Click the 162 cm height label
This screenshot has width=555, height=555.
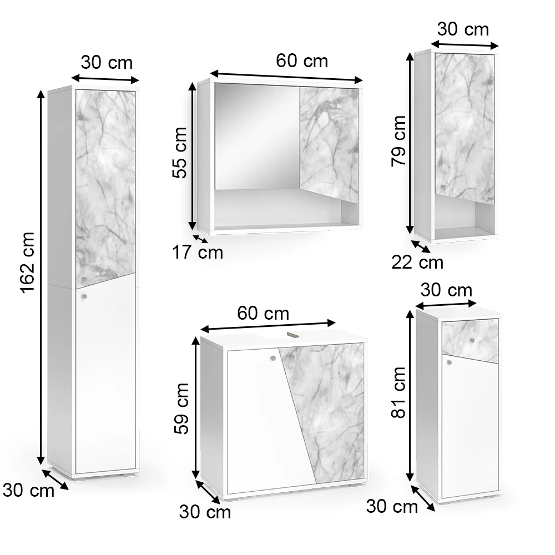pos(27,263)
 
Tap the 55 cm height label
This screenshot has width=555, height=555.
pos(179,153)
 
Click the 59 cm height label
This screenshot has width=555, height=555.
pos(181,408)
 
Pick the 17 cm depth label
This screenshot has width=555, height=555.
pos(198,253)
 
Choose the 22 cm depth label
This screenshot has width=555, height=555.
pos(417,263)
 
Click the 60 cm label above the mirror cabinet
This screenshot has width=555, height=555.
pos(302,61)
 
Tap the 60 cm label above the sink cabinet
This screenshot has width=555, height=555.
pos(263,314)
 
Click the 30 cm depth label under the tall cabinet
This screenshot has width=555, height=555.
pos(28,491)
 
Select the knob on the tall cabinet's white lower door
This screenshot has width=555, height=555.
pos(84,296)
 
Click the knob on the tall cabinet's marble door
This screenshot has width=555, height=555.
pos(84,280)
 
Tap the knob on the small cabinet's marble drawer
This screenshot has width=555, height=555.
pos(472,341)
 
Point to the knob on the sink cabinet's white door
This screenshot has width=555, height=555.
pos(273,358)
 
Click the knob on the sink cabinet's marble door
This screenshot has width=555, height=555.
pos(292,357)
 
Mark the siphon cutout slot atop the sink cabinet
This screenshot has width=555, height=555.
pos(292,334)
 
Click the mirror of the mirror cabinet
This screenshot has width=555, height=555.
pos(257,137)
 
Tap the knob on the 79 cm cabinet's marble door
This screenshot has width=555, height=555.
pos(443,187)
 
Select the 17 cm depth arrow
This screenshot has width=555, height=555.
pos(201,239)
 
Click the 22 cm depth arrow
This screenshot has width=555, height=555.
pos(421,247)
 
